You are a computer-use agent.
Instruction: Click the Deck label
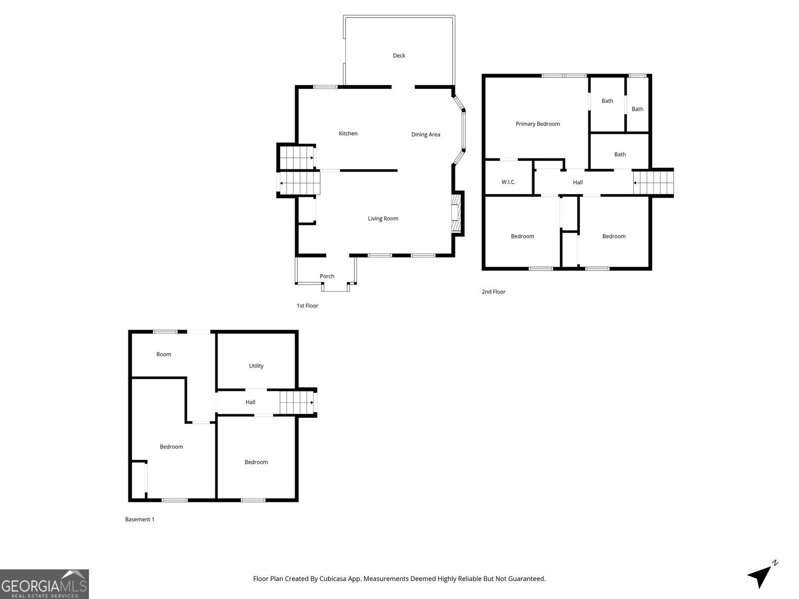click(399, 55)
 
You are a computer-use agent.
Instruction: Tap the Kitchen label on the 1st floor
click(348, 133)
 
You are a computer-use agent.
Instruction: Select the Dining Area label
click(425, 134)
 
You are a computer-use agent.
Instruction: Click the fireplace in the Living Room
click(455, 213)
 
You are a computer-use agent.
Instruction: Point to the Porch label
click(327, 276)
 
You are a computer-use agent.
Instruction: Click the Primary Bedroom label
click(537, 124)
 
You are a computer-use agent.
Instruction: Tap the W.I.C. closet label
click(508, 182)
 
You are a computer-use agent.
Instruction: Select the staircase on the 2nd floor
click(652, 183)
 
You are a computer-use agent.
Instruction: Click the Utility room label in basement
click(256, 366)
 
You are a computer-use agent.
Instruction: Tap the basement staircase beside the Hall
click(297, 402)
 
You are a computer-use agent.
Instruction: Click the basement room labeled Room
click(164, 354)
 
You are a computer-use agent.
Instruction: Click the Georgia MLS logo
click(44, 584)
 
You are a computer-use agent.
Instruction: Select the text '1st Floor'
click(307, 305)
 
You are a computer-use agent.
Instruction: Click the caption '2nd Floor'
click(493, 292)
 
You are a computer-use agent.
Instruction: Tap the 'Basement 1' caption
click(139, 519)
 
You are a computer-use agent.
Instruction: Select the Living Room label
click(383, 218)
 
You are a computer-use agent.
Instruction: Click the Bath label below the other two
click(620, 154)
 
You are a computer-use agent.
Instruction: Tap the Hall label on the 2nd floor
click(578, 182)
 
